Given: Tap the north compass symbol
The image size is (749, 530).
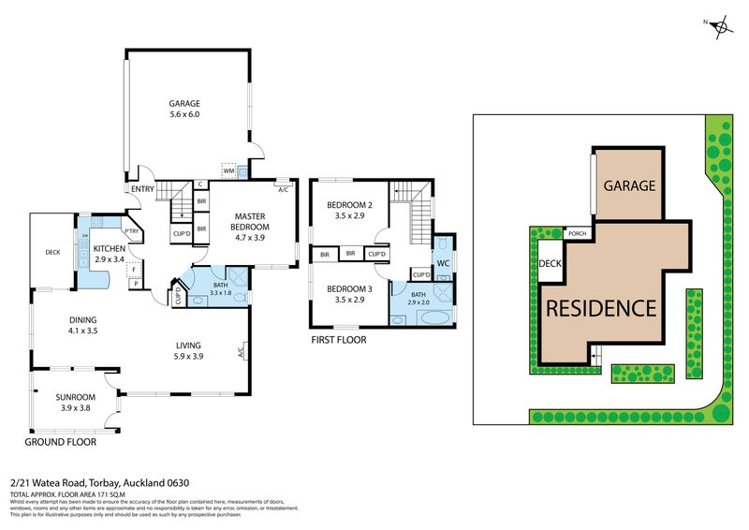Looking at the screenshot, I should (x=720, y=27).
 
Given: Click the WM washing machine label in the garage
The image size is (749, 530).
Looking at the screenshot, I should (x=228, y=171).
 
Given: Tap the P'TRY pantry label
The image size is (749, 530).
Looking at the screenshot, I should (x=131, y=231).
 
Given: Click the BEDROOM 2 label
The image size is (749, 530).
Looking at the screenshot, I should (x=349, y=211).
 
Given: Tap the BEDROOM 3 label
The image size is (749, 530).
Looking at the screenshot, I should (x=349, y=294).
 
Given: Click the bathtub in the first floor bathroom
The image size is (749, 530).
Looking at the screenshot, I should (x=432, y=317).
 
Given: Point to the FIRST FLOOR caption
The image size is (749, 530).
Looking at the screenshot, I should (x=338, y=340).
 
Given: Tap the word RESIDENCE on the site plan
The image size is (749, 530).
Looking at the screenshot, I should (x=601, y=307).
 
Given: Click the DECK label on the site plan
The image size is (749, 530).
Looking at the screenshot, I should (x=550, y=264).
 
